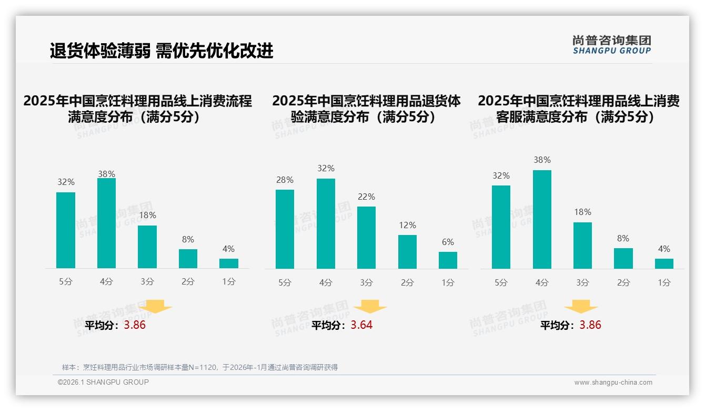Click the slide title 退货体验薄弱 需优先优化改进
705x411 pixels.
click(162, 51)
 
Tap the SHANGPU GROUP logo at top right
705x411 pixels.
click(611, 45)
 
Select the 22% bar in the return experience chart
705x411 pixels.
click(366, 238)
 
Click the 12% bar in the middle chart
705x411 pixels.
click(407, 252)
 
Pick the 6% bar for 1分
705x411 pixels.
click(448, 260)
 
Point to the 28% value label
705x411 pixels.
click(285, 180)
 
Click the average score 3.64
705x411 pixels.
click(361, 325)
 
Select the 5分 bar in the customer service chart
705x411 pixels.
click(501, 227)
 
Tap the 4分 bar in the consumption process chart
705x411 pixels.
click(106, 223)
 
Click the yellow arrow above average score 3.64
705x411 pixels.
click(370, 307)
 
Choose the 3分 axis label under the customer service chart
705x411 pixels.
click(582, 282)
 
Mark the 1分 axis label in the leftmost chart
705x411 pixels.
click(229, 281)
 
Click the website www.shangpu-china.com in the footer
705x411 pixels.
click(613, 383)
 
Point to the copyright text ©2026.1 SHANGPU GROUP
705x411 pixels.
click(103, 382)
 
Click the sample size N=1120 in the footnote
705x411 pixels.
click(202, 367)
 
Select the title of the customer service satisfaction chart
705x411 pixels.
click(578, 109)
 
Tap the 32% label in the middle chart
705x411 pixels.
click(326, 169)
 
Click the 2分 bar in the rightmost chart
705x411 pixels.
click(623, 258)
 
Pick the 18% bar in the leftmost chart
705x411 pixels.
click(147, 247)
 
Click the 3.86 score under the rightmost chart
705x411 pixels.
click(590, 325)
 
